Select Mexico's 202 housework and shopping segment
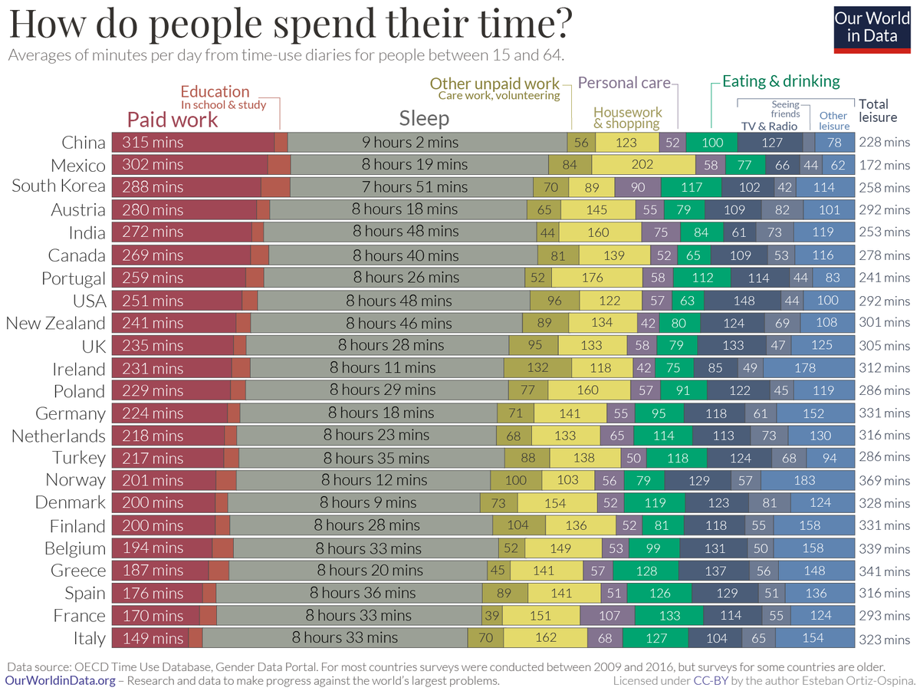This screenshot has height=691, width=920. tap(642, 165)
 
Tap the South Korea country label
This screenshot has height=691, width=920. tap(58, 187)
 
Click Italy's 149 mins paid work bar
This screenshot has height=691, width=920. tap(150, 638)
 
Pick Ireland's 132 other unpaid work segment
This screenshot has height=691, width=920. tap(537, 368)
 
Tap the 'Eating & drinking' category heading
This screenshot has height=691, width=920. tap(781, 81)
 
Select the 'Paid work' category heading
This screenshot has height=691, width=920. tap(172, 120)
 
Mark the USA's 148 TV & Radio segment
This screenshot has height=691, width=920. tap(743, 301)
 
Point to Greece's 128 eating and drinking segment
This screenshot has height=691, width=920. tap(646, 571)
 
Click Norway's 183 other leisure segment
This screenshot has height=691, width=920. tap(806, 481)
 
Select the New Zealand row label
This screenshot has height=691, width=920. tap(55, 323)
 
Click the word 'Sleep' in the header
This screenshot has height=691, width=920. tap(424, 118)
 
